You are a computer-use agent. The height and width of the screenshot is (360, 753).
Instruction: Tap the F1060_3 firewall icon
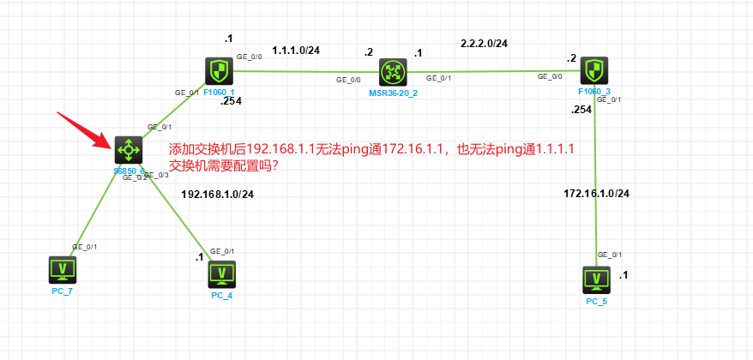pyautogui.click(x=594, y=70)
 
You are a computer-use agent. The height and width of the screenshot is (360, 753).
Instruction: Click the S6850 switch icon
pyautogui.click(x=129, y=150)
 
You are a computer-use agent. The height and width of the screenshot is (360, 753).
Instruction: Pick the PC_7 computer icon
pyautogui.click(x=63, y=270)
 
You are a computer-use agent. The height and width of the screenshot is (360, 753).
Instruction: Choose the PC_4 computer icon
pyautogui.click(x=222, y=273)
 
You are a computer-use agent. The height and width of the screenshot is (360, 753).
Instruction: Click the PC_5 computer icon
pyautogui.click(x=595, y=279)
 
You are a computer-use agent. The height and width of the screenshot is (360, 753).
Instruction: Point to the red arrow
pyautogui.click(x=81, y=128)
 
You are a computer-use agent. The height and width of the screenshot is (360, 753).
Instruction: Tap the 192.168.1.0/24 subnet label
pyautogui.click(x=217, y=194)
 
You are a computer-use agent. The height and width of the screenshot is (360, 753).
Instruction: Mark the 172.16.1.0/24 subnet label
pyautogui.click(x=596, y=193)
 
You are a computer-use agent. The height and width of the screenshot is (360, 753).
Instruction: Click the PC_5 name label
pyautogui.click(x=596, y=301)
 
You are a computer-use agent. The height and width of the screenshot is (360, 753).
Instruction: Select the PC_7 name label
pyautogui.click(x=63, y=291)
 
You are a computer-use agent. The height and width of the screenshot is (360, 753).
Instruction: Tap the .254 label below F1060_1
pyautogui.click(x=232, y=101)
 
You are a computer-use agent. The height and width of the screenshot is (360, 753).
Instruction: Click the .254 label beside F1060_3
pyautogui.click(x=581, y=110)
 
